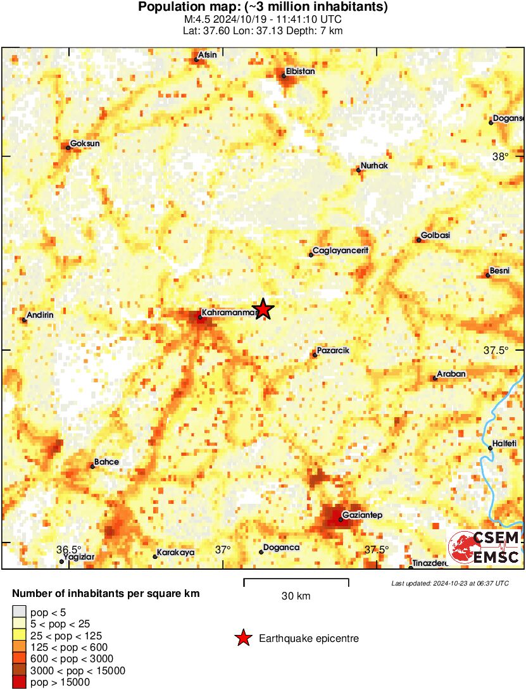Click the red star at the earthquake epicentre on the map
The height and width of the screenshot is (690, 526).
pos(263,310)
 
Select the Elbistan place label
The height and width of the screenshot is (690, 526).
pos(300,72)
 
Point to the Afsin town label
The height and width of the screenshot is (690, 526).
pos(208,55)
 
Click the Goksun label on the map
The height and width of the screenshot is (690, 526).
pos(85,143)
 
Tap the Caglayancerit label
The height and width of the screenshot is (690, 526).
pos(341,251)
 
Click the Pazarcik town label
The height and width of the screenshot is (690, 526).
pos(333,351)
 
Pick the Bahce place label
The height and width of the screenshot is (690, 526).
pos(106,462)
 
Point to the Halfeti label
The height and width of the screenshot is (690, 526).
pos(505,444)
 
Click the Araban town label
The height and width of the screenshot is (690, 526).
pos(452,374)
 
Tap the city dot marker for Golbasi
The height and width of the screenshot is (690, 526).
pos(419,239)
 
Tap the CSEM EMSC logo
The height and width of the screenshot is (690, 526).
pos(484,548)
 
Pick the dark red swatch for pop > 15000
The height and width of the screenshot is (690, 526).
pos(20,682)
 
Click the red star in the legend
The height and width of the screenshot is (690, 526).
pos(243,639)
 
